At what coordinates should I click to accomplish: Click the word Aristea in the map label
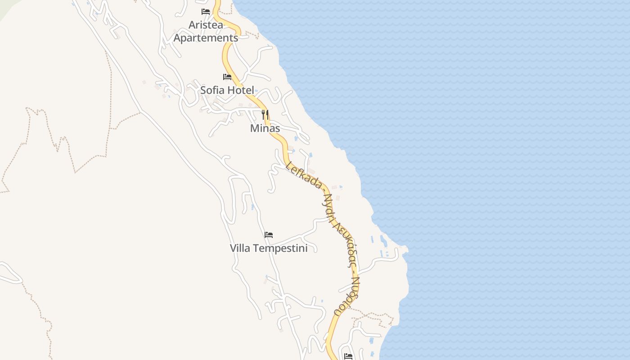206,25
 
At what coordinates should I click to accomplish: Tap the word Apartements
206,38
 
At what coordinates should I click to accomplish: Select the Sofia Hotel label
227,90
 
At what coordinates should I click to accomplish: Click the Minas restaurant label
265,128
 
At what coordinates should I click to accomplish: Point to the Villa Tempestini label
269,248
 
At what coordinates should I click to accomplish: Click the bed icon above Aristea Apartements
206,12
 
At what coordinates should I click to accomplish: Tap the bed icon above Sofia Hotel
227,77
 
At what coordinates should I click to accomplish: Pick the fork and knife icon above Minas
265,115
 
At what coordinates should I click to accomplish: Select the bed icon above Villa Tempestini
269,235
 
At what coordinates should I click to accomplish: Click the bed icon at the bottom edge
348,356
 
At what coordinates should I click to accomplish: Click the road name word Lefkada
304,175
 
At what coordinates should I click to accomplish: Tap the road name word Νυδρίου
348,296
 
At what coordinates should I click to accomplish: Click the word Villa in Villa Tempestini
240,248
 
